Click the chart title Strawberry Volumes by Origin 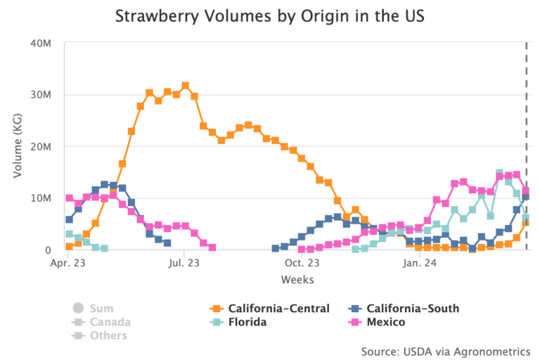click(x=270, y=15)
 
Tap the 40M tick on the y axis click(x=41, y=43)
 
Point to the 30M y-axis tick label click(x=41, y=95)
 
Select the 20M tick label click(x=41, y=147)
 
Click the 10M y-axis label click(x=41, y=198)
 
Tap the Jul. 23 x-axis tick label click(x=184, y=264)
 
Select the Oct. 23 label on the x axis click(x=303, y=264)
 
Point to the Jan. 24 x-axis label click(x=419, y=264)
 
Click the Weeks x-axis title click(x=297, y=279)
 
